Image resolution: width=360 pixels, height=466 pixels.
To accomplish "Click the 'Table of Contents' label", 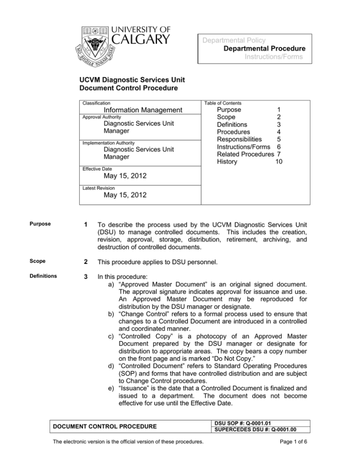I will pos(224,103).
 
